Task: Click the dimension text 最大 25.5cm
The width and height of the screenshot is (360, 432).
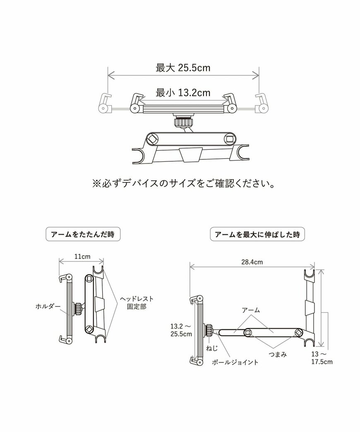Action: pos(183,68)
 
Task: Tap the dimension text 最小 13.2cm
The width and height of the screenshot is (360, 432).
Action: pos(183,93)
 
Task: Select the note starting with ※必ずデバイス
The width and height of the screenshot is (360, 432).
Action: pos(182,183)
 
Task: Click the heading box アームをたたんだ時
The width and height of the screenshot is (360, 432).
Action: pos(82,234)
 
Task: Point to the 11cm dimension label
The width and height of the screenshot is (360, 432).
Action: pos(82,257)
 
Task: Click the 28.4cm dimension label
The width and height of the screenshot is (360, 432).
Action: pos(252,262)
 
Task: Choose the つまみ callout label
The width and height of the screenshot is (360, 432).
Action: pos(277,354)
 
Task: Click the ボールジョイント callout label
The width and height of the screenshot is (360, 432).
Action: pos(235,362)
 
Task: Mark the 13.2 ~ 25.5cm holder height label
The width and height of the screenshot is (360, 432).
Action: pos(181,329)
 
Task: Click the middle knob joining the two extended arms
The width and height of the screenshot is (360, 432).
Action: pos(247,332)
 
